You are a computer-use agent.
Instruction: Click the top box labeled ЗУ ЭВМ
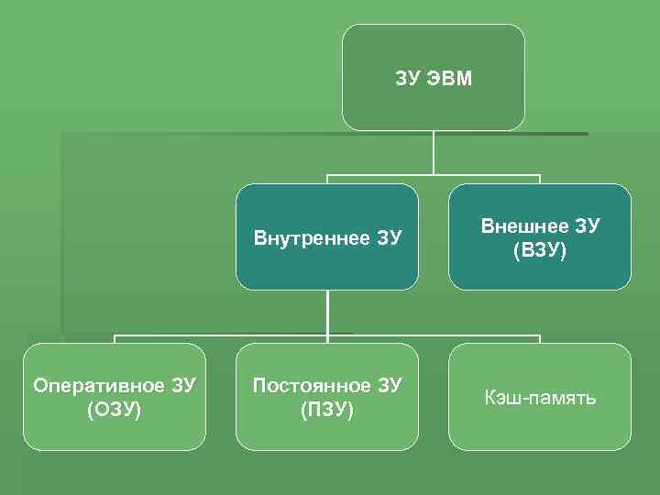pos(434,77)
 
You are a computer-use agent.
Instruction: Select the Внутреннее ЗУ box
pos(327,236)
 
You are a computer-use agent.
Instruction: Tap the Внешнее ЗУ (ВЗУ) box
pos(540,236)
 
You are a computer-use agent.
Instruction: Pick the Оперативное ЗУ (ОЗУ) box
pos(115,396)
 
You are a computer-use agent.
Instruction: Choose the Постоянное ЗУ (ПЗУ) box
pos(327,396)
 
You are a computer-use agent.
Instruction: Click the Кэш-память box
pos(540,396)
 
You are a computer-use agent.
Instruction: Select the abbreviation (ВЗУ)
pos(540,249)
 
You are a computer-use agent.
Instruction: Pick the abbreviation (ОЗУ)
pos(115,409)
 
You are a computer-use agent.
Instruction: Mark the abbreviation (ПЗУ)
pos(327,409)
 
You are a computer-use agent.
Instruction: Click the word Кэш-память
pos(540,398)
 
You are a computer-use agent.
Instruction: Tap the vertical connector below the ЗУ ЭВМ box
pos(434,152)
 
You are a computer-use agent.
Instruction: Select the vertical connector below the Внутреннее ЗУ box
pos(327,312)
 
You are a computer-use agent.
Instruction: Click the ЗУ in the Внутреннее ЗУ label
pos(389,238)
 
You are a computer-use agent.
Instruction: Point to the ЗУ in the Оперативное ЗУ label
pos(182,385)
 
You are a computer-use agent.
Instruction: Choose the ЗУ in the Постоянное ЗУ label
pos(389,385)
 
